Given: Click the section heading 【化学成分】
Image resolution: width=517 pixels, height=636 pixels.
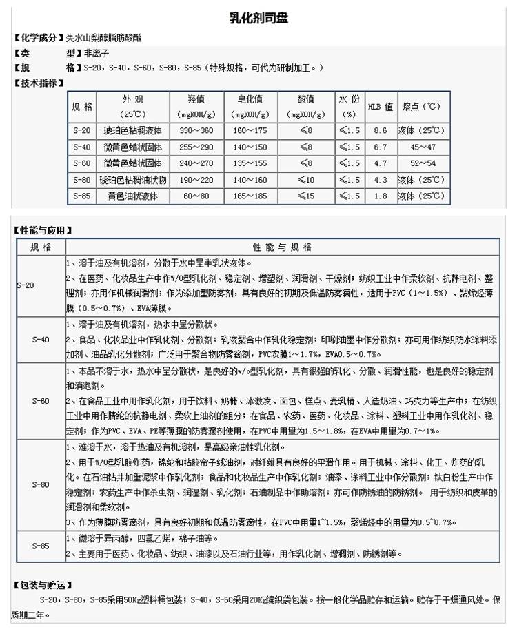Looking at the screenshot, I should pyautogui.click(x=35, y=37).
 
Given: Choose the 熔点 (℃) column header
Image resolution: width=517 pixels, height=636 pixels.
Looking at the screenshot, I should pyautogui.click(x=421, y=107).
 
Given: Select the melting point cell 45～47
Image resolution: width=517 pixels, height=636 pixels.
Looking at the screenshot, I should pyautogui.click(x=421, y=147).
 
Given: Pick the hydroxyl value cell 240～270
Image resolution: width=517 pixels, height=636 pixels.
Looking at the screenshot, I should pyautogui.click(x=196, y=163).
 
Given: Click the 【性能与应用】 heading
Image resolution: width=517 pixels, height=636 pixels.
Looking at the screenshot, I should pyautogui.click(x=43, y=230).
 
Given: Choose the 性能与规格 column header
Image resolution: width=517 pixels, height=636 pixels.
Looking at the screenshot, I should pyautogui.click(x=283, y=246).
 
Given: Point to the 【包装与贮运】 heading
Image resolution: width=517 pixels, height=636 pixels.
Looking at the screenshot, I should pyautogui.click(x=43, y=585).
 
